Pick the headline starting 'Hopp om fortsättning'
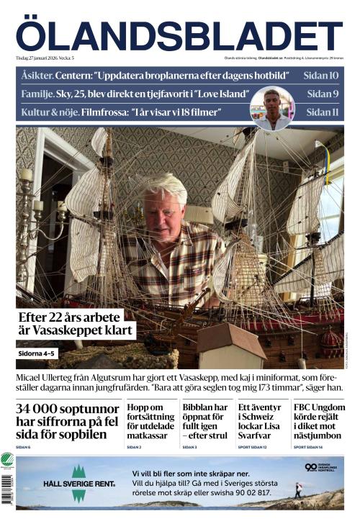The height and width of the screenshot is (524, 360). pos(149,420)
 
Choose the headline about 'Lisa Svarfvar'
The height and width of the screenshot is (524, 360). pos(261,420)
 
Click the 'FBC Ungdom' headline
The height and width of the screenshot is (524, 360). pos(318,420)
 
